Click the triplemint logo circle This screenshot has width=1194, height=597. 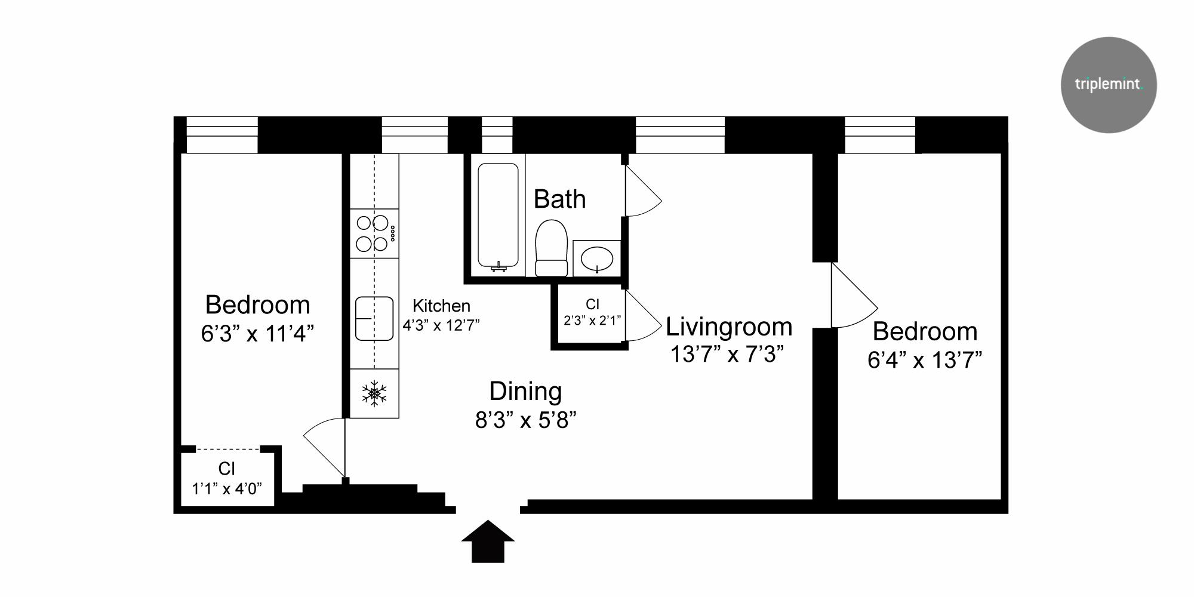(x=1109, y=85)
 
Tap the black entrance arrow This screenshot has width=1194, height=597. (x=488, y=541)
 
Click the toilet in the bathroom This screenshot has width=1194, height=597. (x=551, y=248)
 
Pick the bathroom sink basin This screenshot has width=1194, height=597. (x=597, y=259)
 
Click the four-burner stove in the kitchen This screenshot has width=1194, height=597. (x=374, y=233)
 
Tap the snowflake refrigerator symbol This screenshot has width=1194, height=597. (x=374, y=393)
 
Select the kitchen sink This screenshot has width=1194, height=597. (x=374, y=319)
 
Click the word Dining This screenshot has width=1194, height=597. (x=525, y=392)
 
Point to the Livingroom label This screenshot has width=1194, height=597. (x=729, y=327)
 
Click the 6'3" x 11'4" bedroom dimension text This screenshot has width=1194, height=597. (x=257, y=333)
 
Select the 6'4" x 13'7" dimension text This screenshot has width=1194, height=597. (x=925, y=360)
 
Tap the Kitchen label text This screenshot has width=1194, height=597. (x=441, y=306)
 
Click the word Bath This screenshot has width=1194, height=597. (x=559, y=199)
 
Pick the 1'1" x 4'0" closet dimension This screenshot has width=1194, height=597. (x=227, y=489)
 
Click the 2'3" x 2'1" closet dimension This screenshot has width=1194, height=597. (x=592, y=321)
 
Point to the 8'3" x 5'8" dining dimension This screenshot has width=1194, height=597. (x=525, y=420)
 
